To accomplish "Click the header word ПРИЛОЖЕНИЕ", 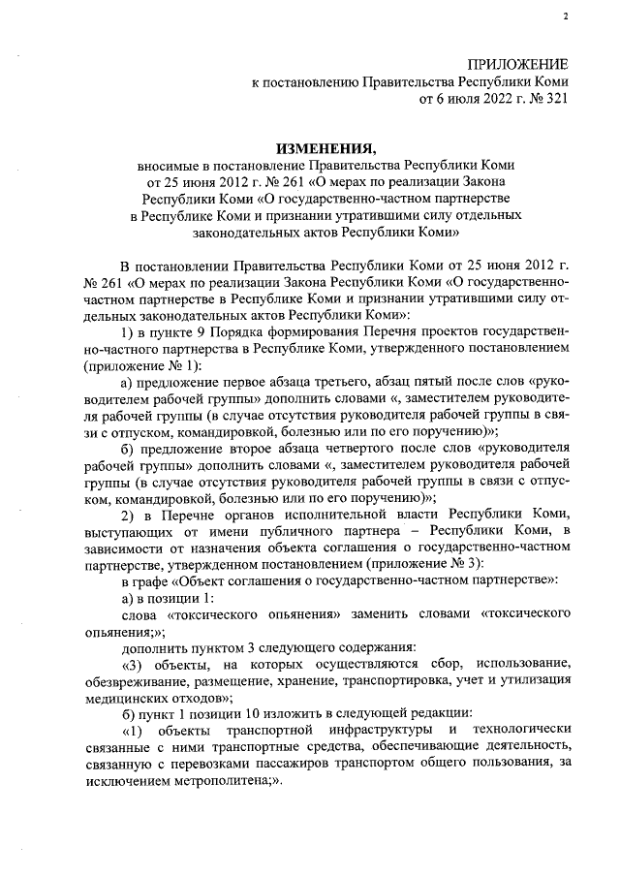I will (x=519, y=63).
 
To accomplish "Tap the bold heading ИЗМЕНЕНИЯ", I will (x=325, y=148).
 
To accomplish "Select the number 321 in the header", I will (x=553, y=98).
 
